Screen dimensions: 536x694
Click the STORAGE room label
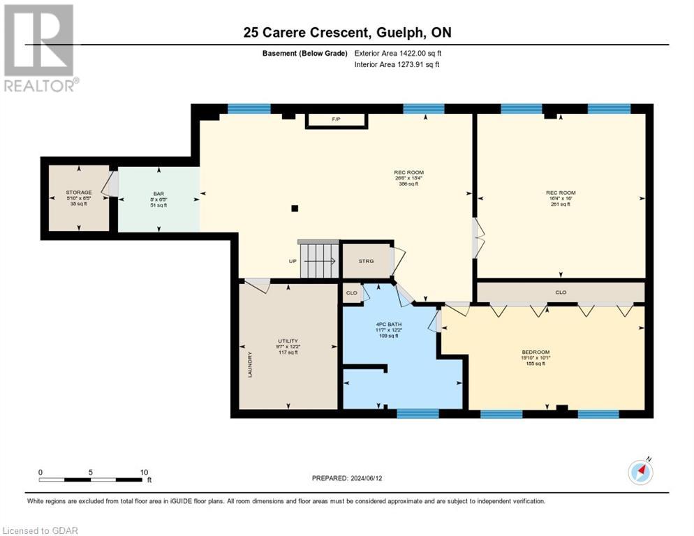tap(79, 192)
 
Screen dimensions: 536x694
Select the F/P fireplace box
tap(336, 121)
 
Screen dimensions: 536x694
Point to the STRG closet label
tap(366, 261)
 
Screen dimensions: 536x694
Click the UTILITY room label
tap(288, 341)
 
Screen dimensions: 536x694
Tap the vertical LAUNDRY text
tap(249, 364)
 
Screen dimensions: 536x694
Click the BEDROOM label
tap(536, 352)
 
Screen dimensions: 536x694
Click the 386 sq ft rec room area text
tap(408, 184)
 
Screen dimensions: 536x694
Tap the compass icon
tap(640, 472)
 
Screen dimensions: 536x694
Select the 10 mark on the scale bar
tap(143, 472)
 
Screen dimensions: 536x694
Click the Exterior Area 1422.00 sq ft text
tap(398, 53)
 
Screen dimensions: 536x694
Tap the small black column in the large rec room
tap(295, 208)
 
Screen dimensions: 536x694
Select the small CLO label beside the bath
tap(351, 293)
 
